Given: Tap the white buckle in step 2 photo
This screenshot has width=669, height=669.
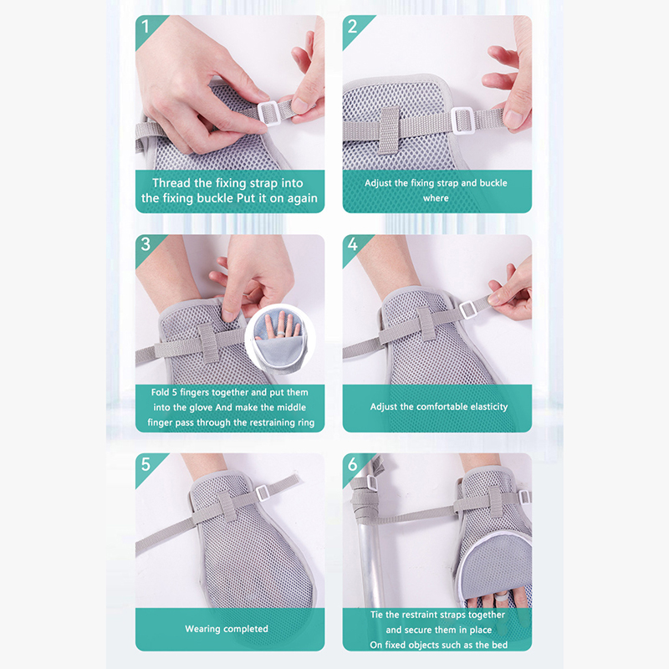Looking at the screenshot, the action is point(462,120).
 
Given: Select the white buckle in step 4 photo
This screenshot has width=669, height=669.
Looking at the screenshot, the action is point(467,309).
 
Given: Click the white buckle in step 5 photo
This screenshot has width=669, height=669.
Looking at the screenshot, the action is point(262,493).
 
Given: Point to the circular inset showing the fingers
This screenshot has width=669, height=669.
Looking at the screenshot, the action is point(280,338).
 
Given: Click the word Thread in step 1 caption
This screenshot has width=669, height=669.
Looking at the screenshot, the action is point(171,183).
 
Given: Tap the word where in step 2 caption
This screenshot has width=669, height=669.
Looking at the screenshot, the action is point(436,198).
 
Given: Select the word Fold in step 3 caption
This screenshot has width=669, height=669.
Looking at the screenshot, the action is point(160,392).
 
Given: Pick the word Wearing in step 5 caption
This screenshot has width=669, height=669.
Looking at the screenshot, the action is point(202,629).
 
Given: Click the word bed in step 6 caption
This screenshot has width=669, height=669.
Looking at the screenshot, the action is point(500,645).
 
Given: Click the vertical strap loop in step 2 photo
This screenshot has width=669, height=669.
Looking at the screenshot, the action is point(390,130).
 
